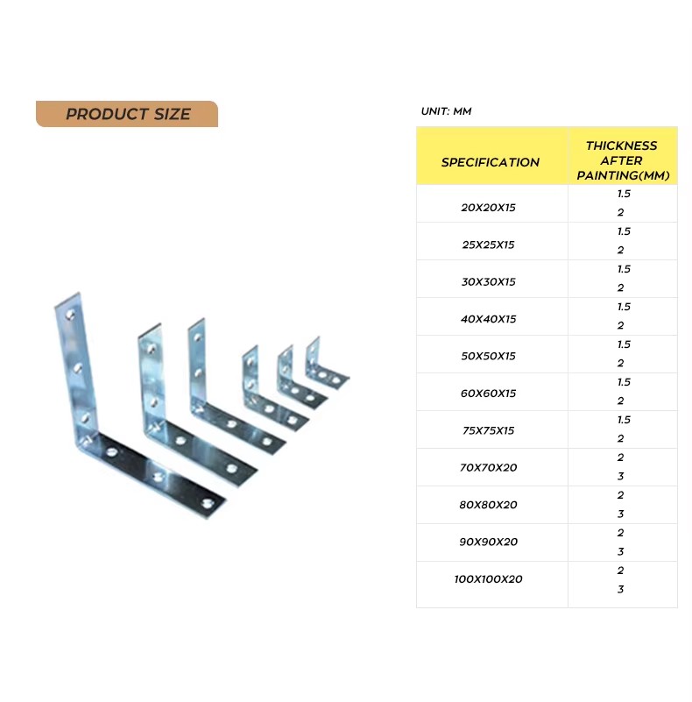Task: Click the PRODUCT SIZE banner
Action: click(x=127, y=114)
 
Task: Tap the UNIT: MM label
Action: click(x=446, y=111)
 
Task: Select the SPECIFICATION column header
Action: click(x=491, y=162)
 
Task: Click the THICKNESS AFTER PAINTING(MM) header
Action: click(x=623, y=160)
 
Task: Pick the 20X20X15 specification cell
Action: click(x=488, y=208)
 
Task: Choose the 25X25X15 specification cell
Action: click(x=488, y=245)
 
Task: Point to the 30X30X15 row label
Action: click(x=488, y=281)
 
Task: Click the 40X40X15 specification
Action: click(x=488, y=319)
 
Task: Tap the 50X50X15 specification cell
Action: click(x=488, y=356)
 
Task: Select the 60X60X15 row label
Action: click(x=488, y=394)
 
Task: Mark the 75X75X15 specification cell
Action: click(x=488, y=430)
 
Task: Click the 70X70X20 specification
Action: click(x=488, y=467)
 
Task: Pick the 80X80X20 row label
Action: click(x=488, y=505)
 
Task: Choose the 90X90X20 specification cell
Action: click(x=488, y=542)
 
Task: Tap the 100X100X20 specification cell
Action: click(x=488, y=579)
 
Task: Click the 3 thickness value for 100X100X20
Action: click(x=620, y=589)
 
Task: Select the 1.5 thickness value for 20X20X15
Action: click(x=624, y=194)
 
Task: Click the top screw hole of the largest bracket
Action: click(x=70, y=316)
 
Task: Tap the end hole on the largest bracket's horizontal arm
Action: click(x=207, y=504)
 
